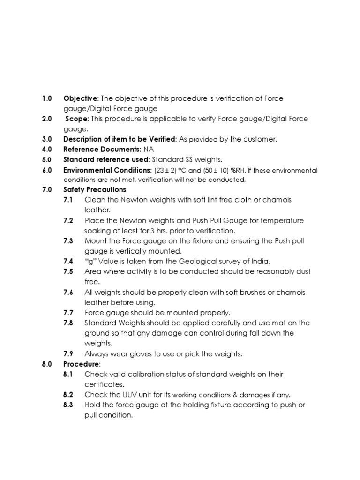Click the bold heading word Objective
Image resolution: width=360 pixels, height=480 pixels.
coord(81,98)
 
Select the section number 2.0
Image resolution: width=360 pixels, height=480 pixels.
coord(46,119)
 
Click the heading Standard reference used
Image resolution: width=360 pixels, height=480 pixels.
coord(105,160)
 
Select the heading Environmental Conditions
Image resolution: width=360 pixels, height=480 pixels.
coord(107,170)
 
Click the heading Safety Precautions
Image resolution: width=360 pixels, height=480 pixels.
coord(95,190)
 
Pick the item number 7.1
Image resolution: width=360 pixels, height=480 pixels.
coord(68,200)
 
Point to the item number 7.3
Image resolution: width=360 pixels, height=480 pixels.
coord(68,241)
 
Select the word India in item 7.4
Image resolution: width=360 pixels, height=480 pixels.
coord(260,262)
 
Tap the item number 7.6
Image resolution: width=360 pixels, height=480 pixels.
coord(68,292)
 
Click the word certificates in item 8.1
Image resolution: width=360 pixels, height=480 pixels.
coord(104,384)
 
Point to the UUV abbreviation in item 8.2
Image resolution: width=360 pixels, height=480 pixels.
coord(127,395)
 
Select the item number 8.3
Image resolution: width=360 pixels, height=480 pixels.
coord(68,405)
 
